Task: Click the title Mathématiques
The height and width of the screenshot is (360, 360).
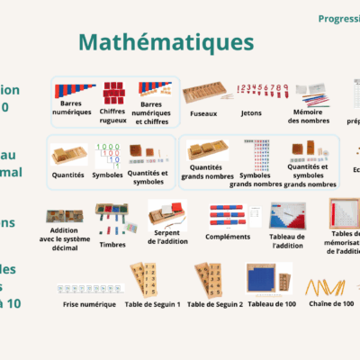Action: [166, 43]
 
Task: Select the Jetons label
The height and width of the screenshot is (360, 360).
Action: [252, 114]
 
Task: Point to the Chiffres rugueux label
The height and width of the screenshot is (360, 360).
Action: [112, 113]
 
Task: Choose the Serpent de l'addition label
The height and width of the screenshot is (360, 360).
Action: [166, 240]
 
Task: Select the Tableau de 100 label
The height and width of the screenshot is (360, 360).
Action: [265, 304]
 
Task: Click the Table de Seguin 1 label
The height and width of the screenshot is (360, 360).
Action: [152, 304]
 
